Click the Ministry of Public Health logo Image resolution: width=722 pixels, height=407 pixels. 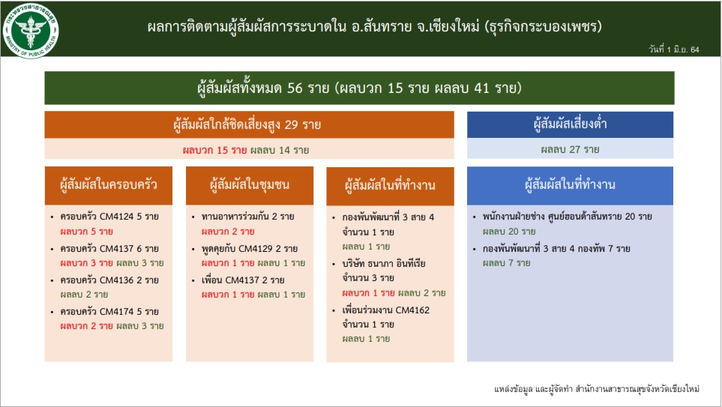[x=31, y=30]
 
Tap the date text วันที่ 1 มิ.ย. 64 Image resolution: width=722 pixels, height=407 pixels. [x=674, y=49]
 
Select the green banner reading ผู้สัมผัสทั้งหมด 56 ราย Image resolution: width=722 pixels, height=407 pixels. [x=359, y=88]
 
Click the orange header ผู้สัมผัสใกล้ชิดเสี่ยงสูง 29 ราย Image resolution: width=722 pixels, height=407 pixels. [x=249, y=124]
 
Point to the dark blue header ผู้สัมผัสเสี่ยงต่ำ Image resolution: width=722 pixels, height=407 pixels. [x=570, y=124]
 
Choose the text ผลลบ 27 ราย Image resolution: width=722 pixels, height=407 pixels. [x=570, y=150]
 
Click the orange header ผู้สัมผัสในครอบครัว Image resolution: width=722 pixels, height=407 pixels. [x=109, y=185]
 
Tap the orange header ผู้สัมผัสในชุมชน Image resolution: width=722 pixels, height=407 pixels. [x=250, y=185]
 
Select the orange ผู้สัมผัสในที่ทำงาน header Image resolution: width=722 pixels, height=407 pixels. [x=390, y=186]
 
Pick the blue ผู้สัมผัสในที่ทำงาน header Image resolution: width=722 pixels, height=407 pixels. [x=570, y=185]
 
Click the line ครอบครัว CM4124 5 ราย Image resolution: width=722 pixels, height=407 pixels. [x=109, y=217]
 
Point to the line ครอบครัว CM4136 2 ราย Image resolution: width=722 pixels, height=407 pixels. [x=109, y=280]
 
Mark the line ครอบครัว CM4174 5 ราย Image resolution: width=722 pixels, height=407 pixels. [x=109, y=312]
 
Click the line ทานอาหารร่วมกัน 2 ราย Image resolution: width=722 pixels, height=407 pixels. [x=247, y=217]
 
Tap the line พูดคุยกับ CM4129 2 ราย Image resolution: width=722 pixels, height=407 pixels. [x=250, y=249]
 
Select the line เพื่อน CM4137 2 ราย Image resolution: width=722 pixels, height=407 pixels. [x=243, y=280]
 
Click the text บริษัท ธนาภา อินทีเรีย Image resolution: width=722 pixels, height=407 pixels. [x=384, y=264]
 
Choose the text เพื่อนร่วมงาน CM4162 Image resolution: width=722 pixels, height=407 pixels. [x=386, y=310]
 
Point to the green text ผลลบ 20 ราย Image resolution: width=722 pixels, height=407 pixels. [x=509, y=232]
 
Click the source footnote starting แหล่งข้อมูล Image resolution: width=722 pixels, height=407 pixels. [x=597, y=389]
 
